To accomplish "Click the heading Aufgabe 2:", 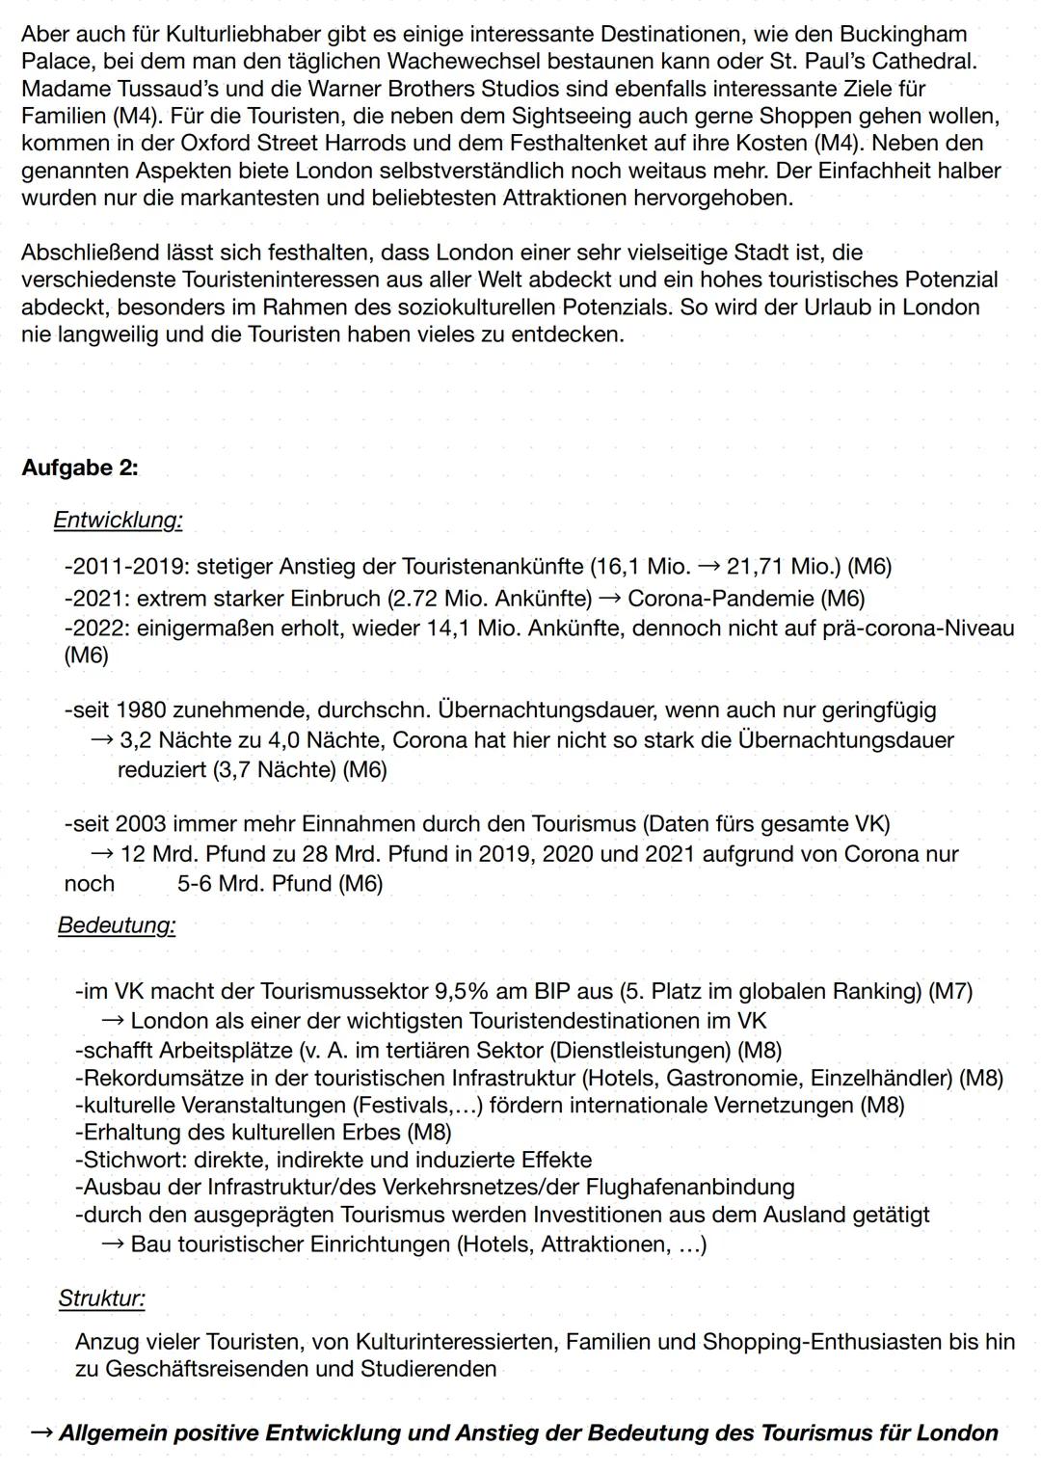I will (80, 468).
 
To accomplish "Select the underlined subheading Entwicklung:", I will (118, 521).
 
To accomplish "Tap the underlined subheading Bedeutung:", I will (117, 925).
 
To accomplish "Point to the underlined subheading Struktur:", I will (101, 1298).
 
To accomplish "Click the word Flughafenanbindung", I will (690, 1187).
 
